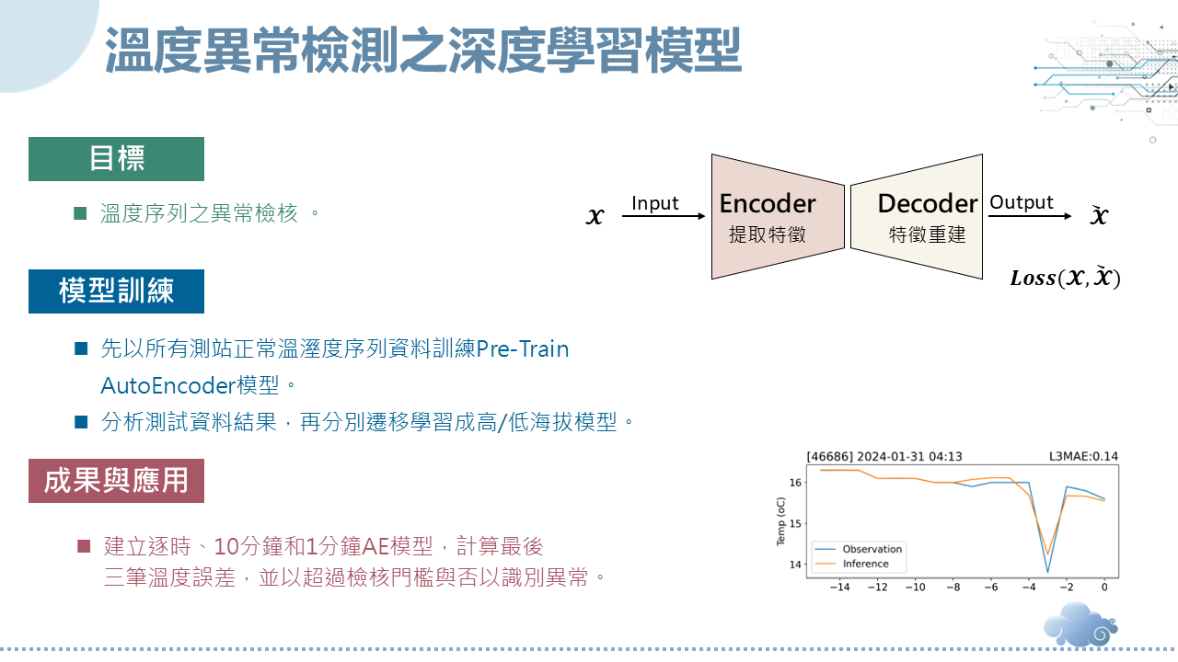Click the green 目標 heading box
click(x=116, y=159)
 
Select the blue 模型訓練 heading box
click(x=116, y=291)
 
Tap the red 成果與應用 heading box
click(x=116, y=481)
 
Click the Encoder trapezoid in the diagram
click(x=778, y=216)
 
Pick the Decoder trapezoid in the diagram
click(x=917, y=216)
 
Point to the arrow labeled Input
click(x=664, y=216)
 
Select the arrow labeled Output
click(x=1030, y=216)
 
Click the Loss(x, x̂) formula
click(x=1065, y=278)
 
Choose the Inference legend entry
click(x=852, y=564)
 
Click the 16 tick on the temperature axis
click(x=795, y=483)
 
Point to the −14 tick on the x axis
click(x=840, y=587)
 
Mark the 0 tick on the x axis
click(x=1104, y=587)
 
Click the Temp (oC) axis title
click(x=780, y=521)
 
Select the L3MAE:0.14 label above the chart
click(x=1083, y=456)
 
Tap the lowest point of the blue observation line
click(x=1047, y=572)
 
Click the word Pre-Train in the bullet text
click(x=522, y=348)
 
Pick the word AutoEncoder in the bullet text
click(x=167, y=385)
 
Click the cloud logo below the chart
click(x=1080, y=624)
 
